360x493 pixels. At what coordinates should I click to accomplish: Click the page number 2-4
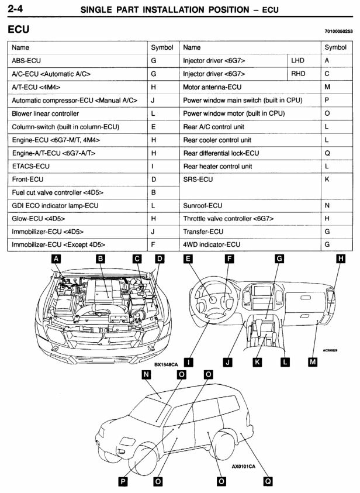click(15, 9)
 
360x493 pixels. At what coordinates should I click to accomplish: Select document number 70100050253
click(338, 31)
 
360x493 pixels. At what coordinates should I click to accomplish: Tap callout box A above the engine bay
click(56, 258)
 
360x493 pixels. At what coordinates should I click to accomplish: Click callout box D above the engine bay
click(160, 258)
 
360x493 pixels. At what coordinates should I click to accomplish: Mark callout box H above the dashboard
click(341, 258)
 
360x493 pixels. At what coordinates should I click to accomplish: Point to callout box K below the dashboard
click(257, 362)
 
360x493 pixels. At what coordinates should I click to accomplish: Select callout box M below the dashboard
click(313, 362)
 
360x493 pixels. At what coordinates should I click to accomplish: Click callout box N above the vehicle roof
click(146, 374)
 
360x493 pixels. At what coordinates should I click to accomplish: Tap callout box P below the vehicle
click(123, 481)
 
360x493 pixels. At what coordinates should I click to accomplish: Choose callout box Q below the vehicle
click(268, 481)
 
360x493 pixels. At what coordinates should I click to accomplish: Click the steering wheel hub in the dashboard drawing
click(213, 299)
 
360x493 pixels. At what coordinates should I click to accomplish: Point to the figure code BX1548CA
click(166, 365)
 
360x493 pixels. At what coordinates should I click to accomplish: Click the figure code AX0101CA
click(244, 466)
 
